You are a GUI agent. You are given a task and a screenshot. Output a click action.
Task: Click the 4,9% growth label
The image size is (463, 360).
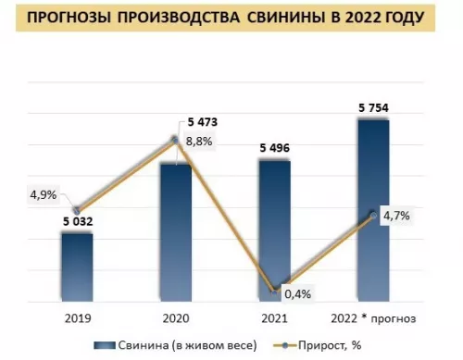44,194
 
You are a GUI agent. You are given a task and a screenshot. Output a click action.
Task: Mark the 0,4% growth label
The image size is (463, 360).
297,294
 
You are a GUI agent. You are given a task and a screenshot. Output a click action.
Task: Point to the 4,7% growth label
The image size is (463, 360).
395,216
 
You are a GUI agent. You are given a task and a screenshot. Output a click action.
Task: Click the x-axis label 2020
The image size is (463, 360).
176,319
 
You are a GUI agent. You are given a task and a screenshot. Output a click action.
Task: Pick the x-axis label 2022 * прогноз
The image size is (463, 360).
373,319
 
